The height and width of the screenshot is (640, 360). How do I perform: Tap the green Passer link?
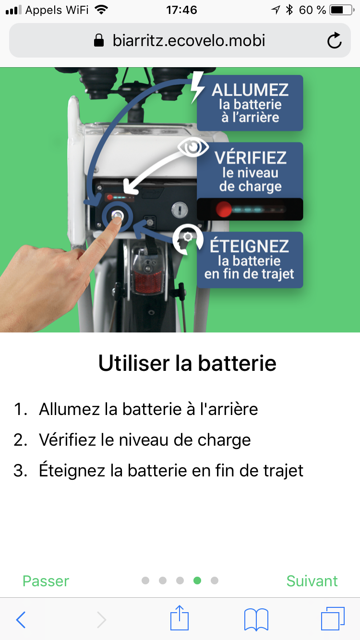(46, 581)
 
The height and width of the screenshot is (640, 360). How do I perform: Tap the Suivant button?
(312, 581)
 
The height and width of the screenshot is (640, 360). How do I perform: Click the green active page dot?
(197, 581)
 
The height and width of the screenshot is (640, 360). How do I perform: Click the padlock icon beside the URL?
(99, 40)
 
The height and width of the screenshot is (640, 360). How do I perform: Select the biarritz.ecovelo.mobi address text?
(189, 40)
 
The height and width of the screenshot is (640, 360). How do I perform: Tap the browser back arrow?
(21, 620)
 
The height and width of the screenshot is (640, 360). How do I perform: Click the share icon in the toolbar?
(180, 617)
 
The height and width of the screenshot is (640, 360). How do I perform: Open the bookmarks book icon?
(256, 619)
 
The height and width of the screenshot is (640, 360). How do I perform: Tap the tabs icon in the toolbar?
(333, 618)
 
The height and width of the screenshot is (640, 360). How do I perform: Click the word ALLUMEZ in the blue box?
(250, 90)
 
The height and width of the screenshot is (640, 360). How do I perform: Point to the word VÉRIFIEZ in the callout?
(251, 158)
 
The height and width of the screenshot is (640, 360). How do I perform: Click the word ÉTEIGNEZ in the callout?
(249, 246)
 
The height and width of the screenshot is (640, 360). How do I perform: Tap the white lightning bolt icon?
(197, 87)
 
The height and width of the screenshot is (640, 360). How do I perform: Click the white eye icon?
(193, 147)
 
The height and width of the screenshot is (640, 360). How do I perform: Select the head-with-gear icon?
(188, 239)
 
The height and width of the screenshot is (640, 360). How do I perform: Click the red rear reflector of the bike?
(148, 283)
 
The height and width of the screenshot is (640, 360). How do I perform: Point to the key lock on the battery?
(180, 210)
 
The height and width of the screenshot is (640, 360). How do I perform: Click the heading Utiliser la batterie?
(187, 364)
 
